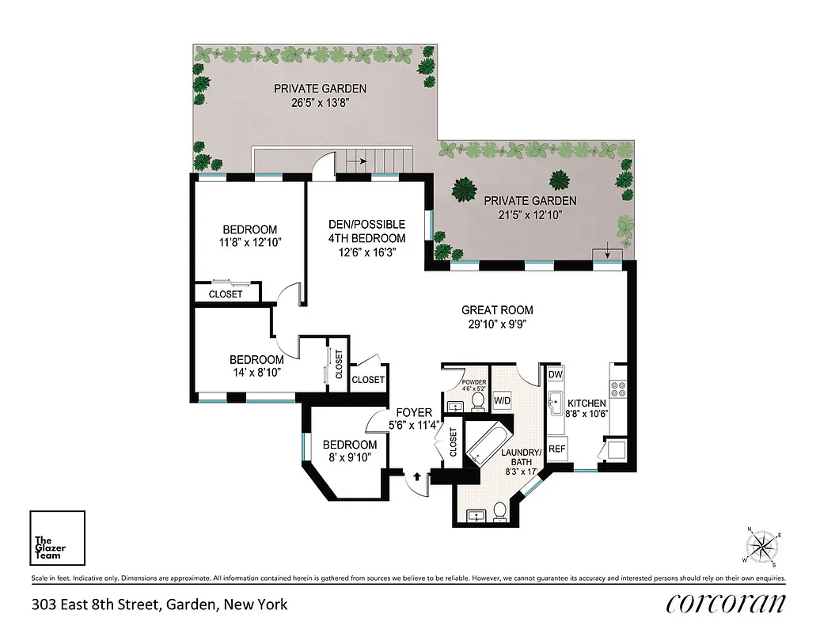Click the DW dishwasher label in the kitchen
[556, 374]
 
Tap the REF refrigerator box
[556, 448]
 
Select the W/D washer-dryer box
[502, 401]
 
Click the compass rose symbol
[763, 545]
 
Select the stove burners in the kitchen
[617, 389]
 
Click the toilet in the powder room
[477, 402]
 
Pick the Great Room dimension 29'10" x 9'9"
[497, 324]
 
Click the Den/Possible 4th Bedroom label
[366, 231]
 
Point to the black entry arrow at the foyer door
[416, 476]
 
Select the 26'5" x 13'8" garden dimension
[320, 103]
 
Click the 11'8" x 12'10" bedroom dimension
[249, 244]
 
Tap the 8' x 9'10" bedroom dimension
[349, 458]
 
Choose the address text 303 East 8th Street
[159, 605]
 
